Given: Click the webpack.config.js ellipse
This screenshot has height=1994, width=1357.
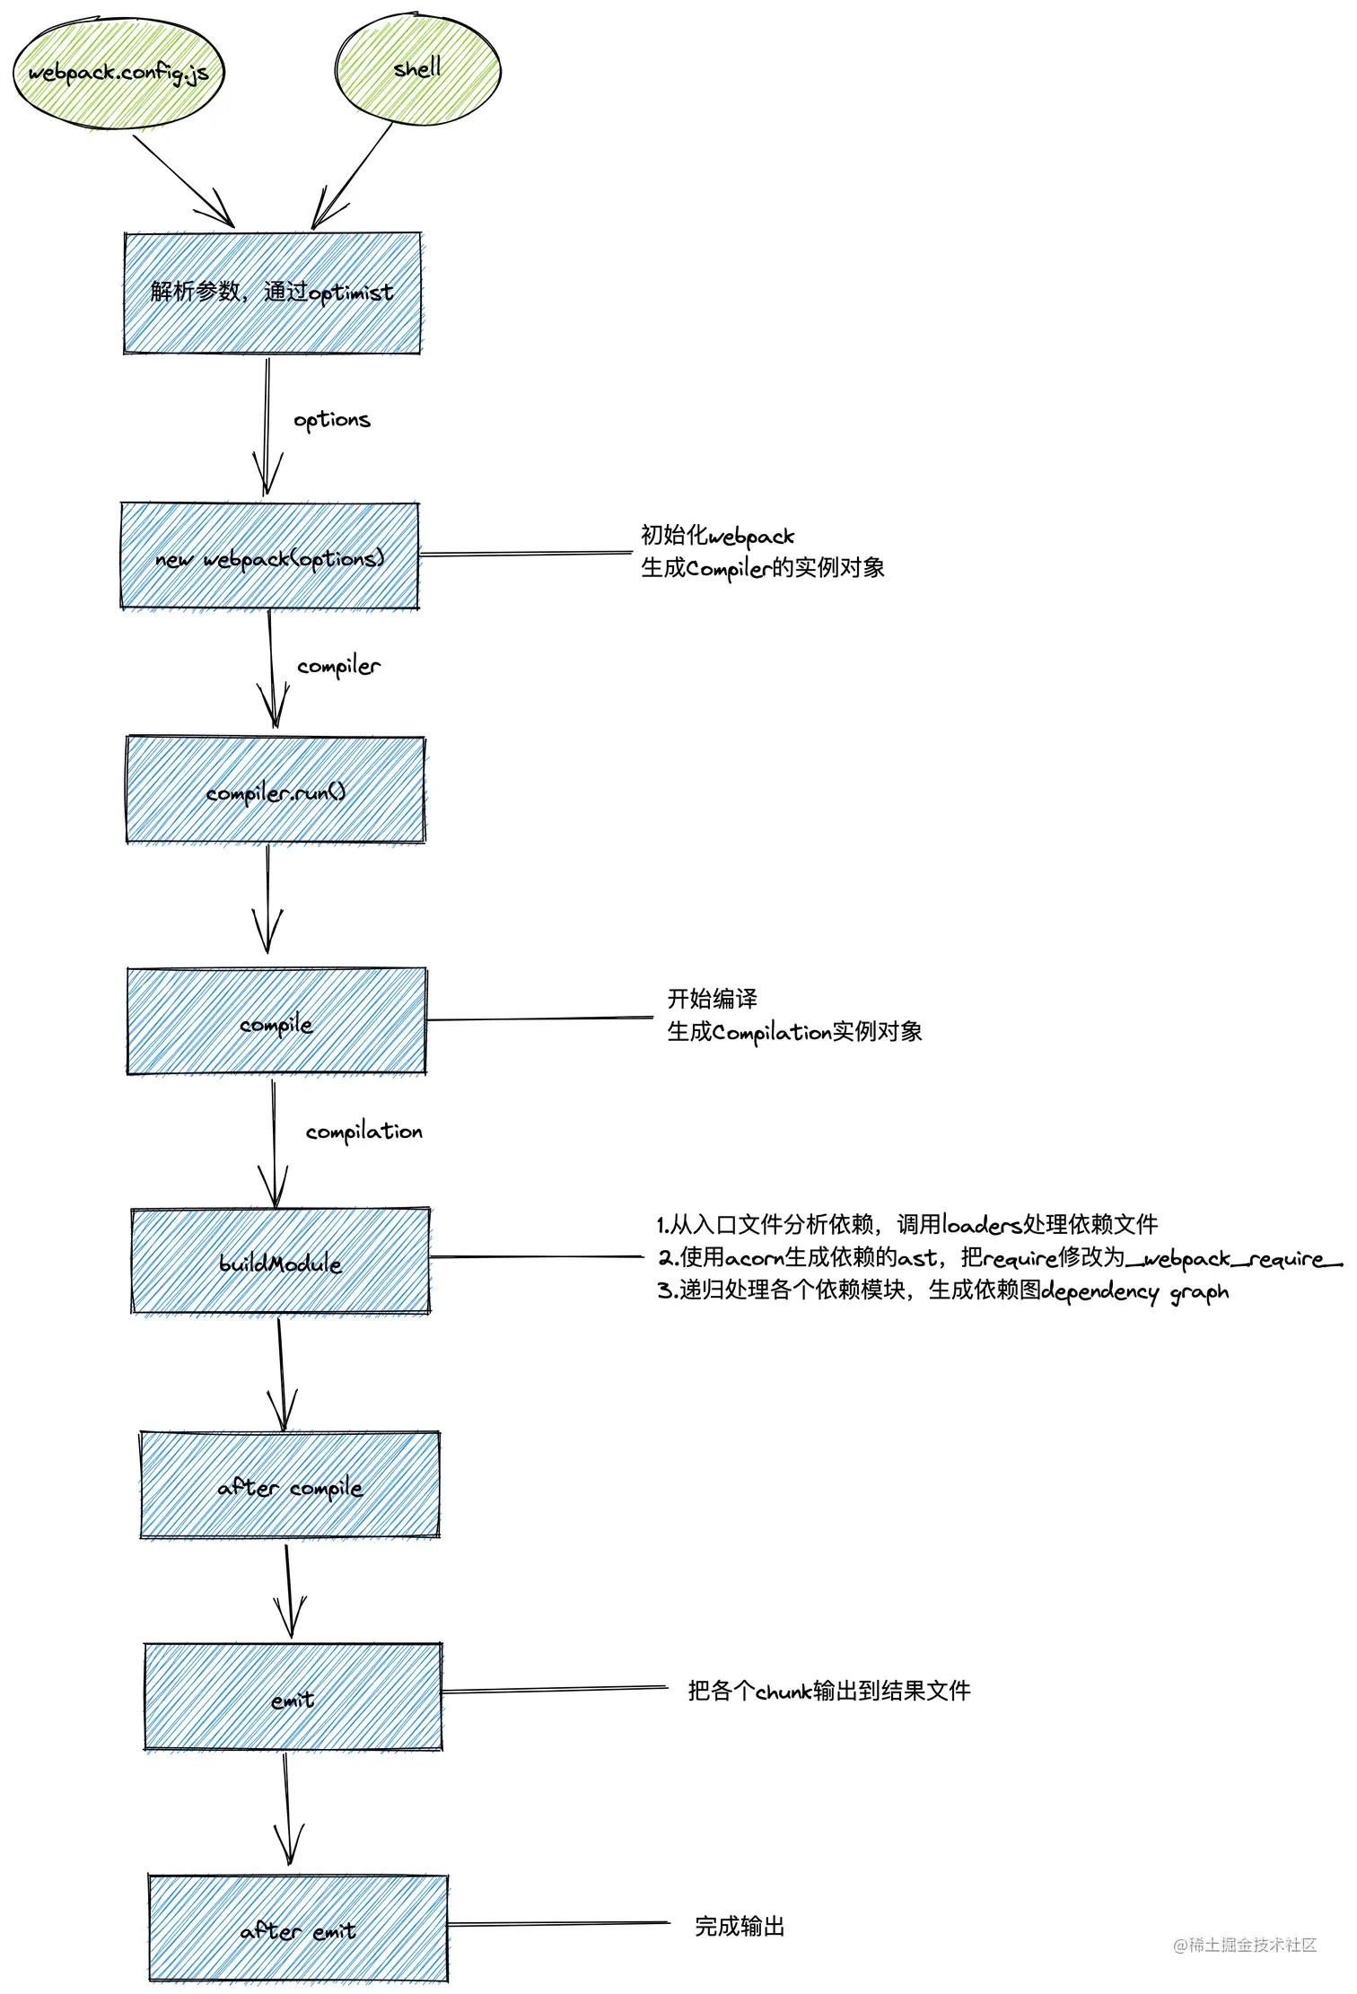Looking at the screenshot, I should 118,73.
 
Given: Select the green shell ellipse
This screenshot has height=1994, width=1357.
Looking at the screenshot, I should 417,69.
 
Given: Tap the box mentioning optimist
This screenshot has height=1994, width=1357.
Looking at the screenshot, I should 272,293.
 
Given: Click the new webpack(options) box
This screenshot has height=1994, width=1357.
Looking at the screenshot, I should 269,557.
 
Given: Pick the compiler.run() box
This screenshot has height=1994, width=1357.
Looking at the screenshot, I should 276,791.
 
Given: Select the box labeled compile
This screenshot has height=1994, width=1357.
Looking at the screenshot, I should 276,1022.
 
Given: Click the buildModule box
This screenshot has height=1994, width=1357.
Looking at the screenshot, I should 280,1262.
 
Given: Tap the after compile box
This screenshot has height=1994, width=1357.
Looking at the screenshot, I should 290,1486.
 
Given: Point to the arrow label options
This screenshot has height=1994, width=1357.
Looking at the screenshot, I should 331,419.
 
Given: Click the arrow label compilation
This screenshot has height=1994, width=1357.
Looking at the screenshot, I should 363,1132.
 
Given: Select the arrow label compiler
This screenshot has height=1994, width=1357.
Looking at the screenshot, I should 338,666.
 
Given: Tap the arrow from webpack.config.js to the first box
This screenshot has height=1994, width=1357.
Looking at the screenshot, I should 184,180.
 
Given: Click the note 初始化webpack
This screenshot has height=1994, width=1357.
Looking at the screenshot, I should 717,536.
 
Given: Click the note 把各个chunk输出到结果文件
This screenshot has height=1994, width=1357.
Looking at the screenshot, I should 828,1691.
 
